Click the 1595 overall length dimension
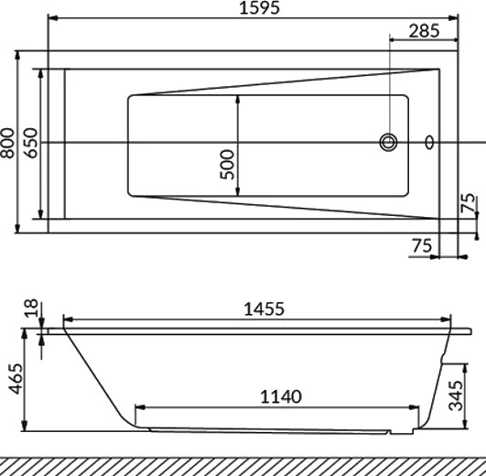coord(260,7)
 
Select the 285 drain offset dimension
coord(424,31)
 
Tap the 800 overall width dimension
coord(7,143)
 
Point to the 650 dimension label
coord(31,143)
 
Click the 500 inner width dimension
coord(227,164)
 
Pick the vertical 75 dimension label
coord(468,202)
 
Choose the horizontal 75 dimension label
coord(422,245)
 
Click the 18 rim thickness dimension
coord(31,308)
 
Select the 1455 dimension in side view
coord(265,309)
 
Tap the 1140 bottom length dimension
coord(281,396)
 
